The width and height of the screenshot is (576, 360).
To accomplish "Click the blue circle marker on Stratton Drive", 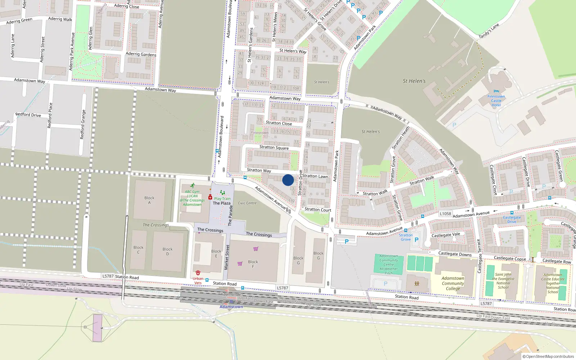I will coord(288,180).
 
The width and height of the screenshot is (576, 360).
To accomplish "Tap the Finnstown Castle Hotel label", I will coord(496,101).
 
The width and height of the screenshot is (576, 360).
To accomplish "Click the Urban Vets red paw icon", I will coord(198,273).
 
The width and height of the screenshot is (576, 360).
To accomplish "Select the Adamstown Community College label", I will coord(453,283).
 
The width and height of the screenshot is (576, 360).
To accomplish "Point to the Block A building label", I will coord(149,200).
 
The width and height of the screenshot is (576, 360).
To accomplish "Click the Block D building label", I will coord(167,251).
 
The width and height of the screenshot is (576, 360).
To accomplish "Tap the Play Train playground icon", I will coord(222,193).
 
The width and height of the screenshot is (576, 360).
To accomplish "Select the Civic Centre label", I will coord(247,203).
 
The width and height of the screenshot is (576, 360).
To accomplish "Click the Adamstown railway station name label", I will coord(231,307).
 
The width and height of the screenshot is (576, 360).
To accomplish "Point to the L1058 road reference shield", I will coord(445,213).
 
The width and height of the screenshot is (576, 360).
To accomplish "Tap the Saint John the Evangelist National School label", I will coord(503,281).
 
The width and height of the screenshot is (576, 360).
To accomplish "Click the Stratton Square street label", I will coord(274,147).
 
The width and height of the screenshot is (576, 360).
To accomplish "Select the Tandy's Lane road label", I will coord(489,31).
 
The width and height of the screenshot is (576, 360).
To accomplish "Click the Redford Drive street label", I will coord(28,114).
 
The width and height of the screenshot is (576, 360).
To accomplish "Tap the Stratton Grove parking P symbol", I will coord(417,239).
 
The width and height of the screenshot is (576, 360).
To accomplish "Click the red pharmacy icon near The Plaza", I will coord(210,197).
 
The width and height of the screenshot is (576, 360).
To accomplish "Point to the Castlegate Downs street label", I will coord(455,254).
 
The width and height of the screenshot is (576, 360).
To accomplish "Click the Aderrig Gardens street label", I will coord(141,54).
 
